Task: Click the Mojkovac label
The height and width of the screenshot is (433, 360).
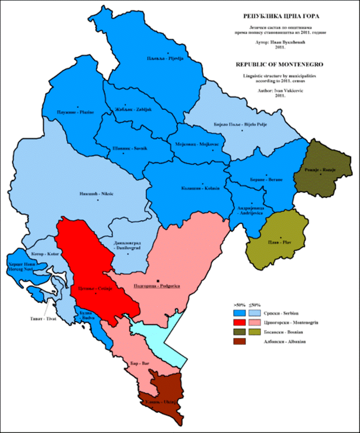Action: (x=197, y=143)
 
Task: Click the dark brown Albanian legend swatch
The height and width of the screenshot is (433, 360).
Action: (x=240, y=342)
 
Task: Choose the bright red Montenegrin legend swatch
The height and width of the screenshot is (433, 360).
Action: (x=240, y=322)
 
